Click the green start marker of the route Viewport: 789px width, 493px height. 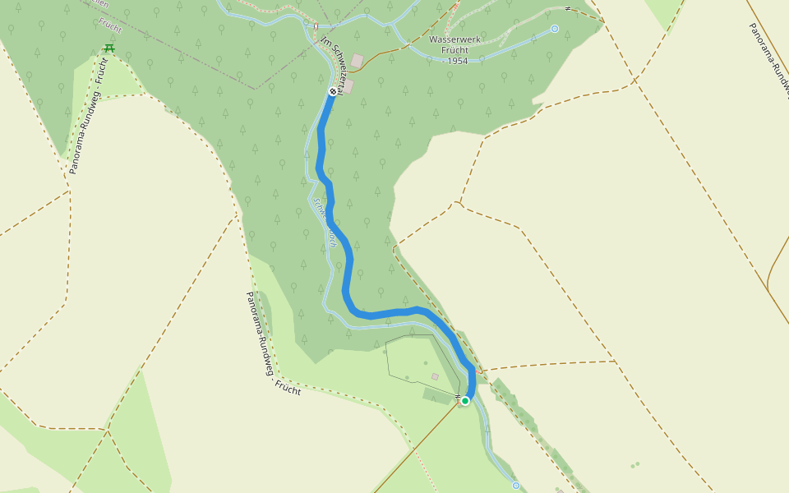tap(465, 401)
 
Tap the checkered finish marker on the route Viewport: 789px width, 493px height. tap(333, 91)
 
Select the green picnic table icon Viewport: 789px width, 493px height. tap(108, 48)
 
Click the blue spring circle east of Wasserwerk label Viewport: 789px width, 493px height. tap(555, 29)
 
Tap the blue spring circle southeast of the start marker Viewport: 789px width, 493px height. tap(516, 486)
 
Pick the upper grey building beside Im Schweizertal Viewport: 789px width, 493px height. tap(357, 60)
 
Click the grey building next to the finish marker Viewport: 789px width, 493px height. tap(348, 86)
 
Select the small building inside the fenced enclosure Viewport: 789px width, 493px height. tap(435, 377)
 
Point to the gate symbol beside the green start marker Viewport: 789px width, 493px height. tap(456, 399)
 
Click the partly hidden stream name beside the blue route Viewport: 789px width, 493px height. tap(322, 220)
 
